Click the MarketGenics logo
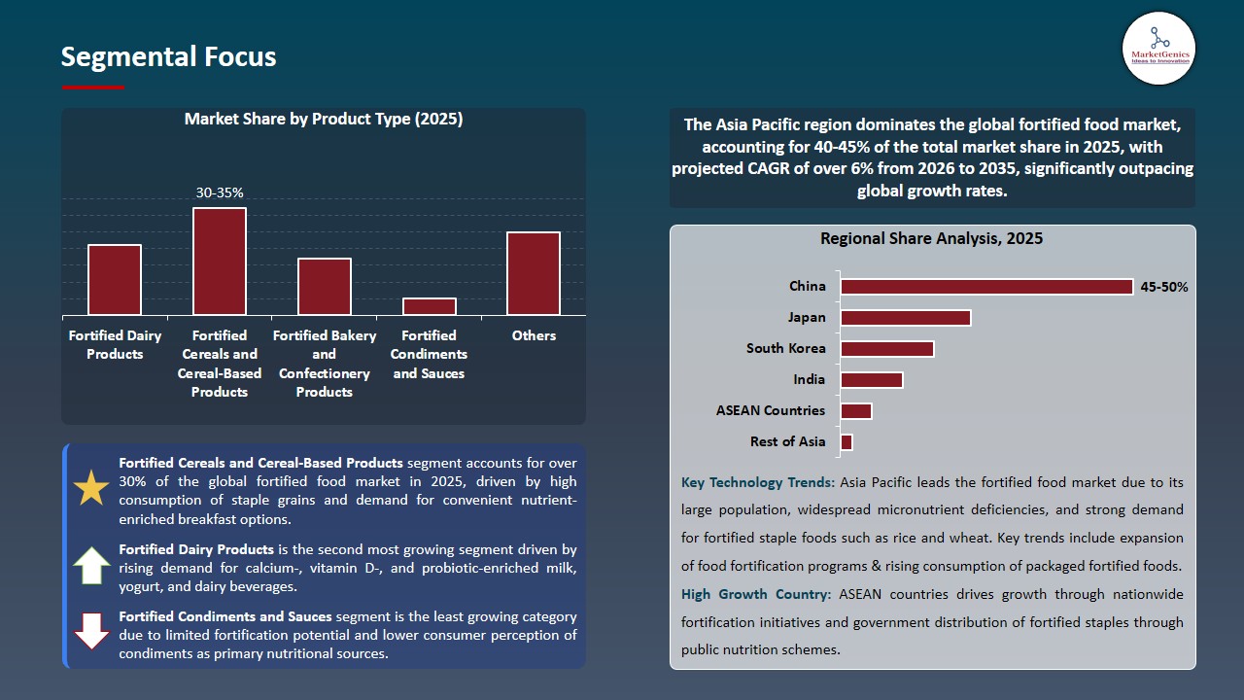coord(1158,48)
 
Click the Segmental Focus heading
coord(168,56)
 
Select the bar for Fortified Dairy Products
coord(115,280)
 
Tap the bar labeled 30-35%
coord(220,262)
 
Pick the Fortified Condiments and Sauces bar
coord(430,306)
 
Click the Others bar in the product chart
coord(534,273)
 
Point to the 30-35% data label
coord(220,193)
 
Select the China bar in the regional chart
coord(986,287)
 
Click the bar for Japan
coord(906,318)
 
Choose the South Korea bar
coord(887,349)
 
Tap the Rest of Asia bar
coord(847,442)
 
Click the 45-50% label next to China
coord(1163,287)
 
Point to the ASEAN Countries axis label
coord(771,410)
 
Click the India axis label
coord(809,379)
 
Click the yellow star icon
coord(92,487)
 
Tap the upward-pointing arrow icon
coord(92,565)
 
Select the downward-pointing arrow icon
coord(92,631)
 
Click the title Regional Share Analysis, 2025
coord(931,238)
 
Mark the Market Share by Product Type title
coord(324,120)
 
